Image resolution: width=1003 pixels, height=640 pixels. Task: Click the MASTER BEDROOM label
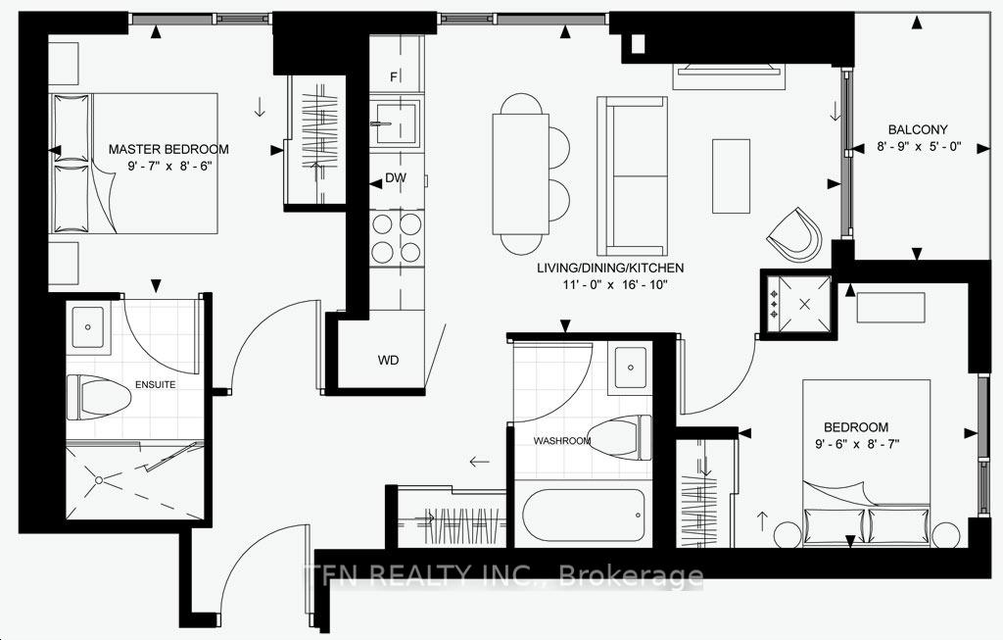pyautogui.click(x=168, y=149)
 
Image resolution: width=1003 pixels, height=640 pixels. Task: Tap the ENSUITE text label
pyautogui.click(x=157, y=384)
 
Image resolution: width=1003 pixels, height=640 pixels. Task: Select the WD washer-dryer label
pyautogui.click(x=389, y=360)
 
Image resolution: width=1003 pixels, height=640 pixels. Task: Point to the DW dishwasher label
pyautogui.click(x=396, y=178)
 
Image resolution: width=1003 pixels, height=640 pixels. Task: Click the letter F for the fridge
pyautogui.click(x=394, y=76)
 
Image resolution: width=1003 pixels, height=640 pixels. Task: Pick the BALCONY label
pyautogui.click(x=918, y=129)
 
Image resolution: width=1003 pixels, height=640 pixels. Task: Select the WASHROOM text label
pyautogui.click(x=562, y=441)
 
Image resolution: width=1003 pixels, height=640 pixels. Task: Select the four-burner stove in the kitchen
pyautogui.click(x=396, y=238)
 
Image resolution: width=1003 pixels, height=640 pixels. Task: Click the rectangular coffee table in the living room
pyautogui.click(x=730, y=175)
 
